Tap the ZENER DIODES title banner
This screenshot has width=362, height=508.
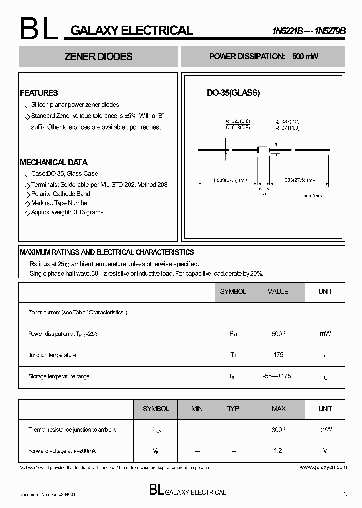point(99,57)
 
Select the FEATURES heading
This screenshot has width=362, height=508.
point(39,93)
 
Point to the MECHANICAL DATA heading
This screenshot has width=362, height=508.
point(53,162)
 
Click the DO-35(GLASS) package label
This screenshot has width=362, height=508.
point(233,93)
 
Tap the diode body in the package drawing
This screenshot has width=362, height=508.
point(263,149)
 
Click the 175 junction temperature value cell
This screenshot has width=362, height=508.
point(278,355)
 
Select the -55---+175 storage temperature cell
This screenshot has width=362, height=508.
point(278,376)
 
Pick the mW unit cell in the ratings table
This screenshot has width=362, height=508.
point(325,333)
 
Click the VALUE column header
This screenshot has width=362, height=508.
point(278,291)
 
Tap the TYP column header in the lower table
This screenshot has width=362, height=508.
point(233,409)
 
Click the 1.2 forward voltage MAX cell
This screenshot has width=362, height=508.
point(278,451)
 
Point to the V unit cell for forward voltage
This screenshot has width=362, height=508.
point(325,451)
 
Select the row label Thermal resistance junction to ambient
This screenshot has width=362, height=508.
point(72,430)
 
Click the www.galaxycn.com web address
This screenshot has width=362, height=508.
point(323,467)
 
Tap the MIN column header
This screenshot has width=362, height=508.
point(197,409)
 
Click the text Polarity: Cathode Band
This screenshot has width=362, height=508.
point(60,194)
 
